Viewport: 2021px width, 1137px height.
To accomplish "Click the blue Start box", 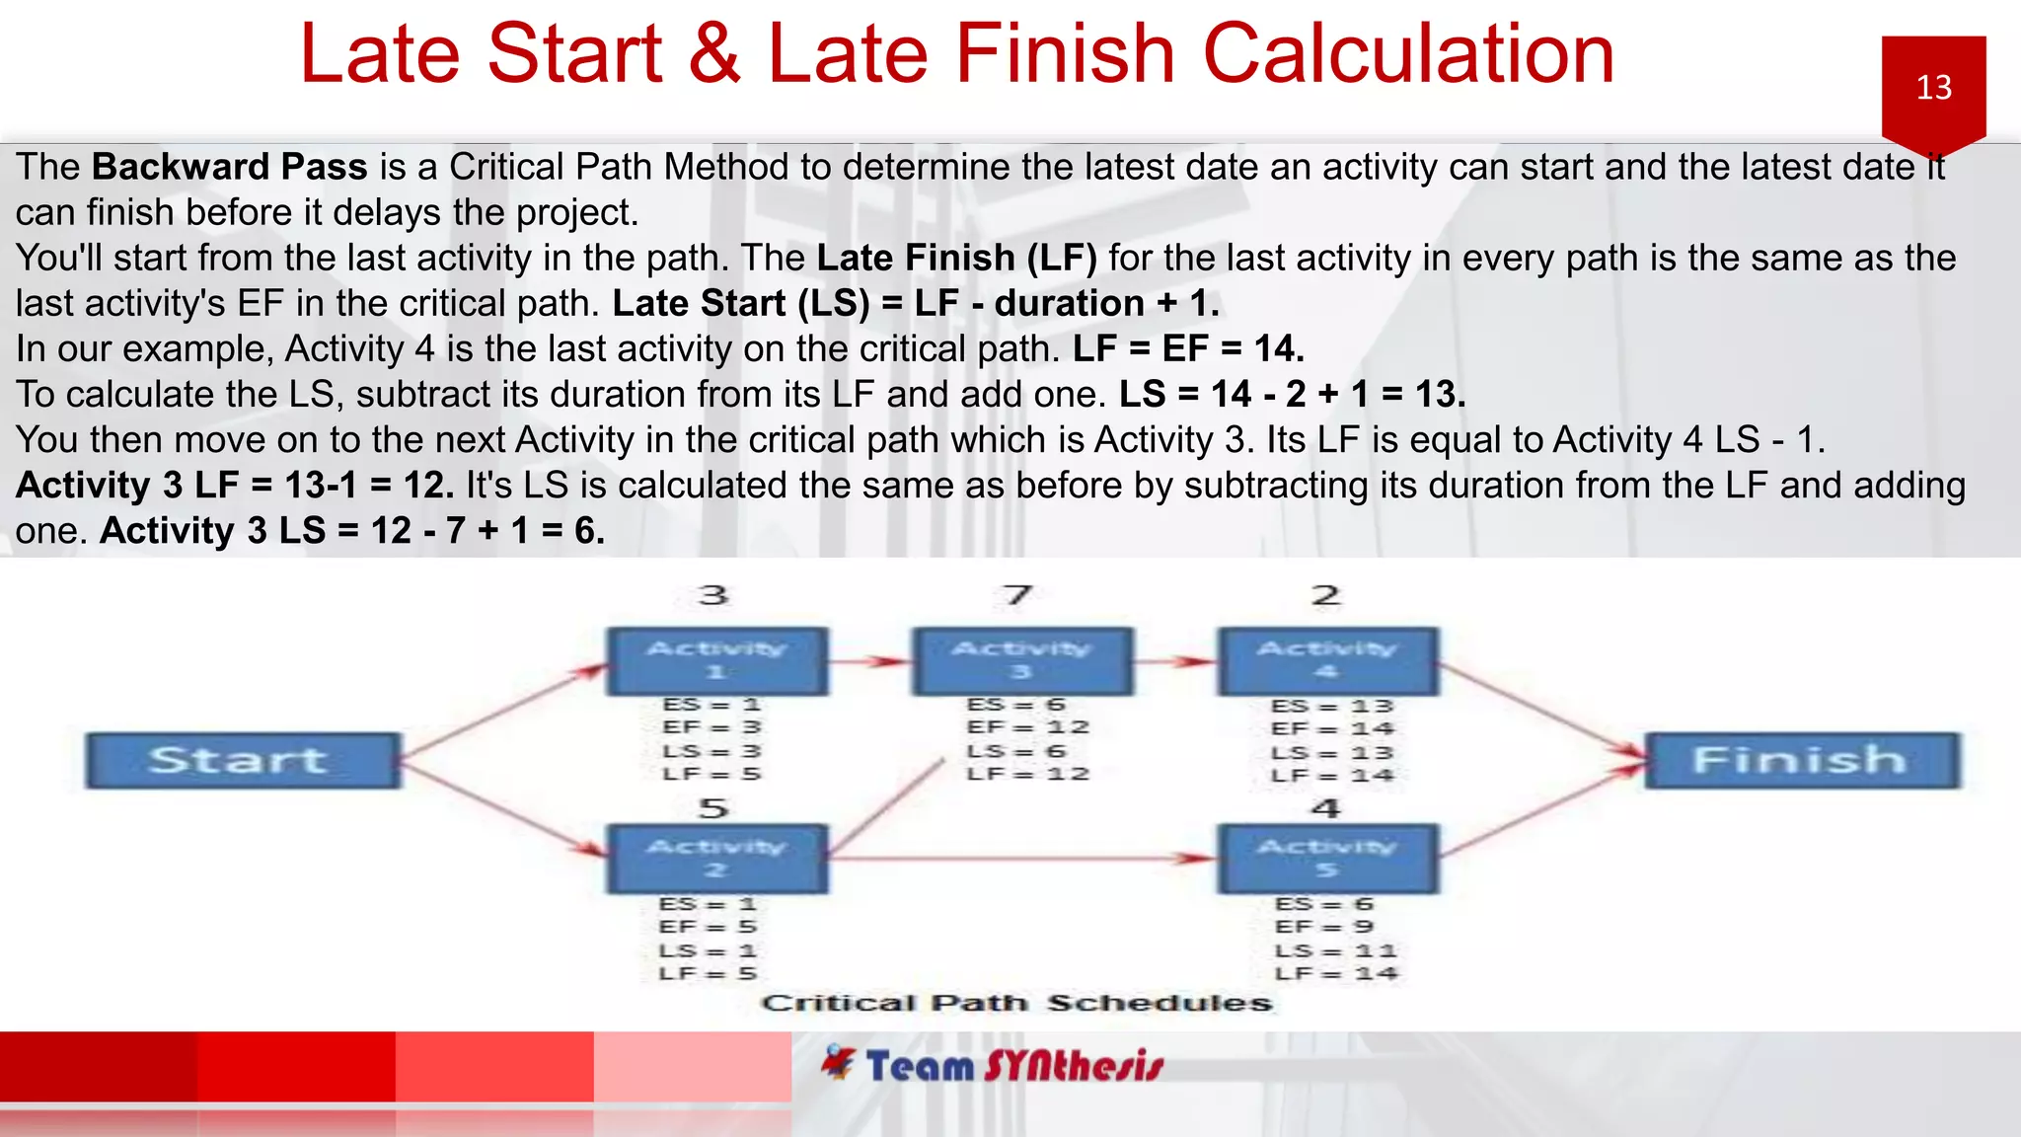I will pos(243,760).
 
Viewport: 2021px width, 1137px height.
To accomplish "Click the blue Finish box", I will pos(1802,760).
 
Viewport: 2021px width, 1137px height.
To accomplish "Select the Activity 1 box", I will pos(716,660).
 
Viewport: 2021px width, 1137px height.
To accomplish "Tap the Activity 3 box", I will pos(1021,660).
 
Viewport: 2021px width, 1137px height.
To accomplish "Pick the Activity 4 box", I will pos(1327,660).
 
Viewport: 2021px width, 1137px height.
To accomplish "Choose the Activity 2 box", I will pos(716,859).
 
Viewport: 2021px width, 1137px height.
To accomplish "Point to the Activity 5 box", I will pos(1327,859).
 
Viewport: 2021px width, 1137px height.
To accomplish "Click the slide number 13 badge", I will pos(1933,89).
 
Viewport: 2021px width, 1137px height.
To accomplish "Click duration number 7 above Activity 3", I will pos(1017,595).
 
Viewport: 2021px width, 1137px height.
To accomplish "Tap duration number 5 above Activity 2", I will pos(713,808).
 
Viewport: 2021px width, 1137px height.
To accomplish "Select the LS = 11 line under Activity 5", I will pos(1335,950).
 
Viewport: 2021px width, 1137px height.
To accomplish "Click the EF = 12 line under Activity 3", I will pos(1027,727).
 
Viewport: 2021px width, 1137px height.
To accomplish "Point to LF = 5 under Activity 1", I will pos(711,774).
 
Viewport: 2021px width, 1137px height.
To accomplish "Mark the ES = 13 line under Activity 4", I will pos(1331,706).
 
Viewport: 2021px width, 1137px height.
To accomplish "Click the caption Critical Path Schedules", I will pos(1016,1004).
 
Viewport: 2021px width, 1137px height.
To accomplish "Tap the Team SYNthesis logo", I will pos(993,1066).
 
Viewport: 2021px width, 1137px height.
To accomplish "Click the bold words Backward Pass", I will pos(229,167).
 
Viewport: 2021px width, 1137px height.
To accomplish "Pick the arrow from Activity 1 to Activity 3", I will pos(869,661).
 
